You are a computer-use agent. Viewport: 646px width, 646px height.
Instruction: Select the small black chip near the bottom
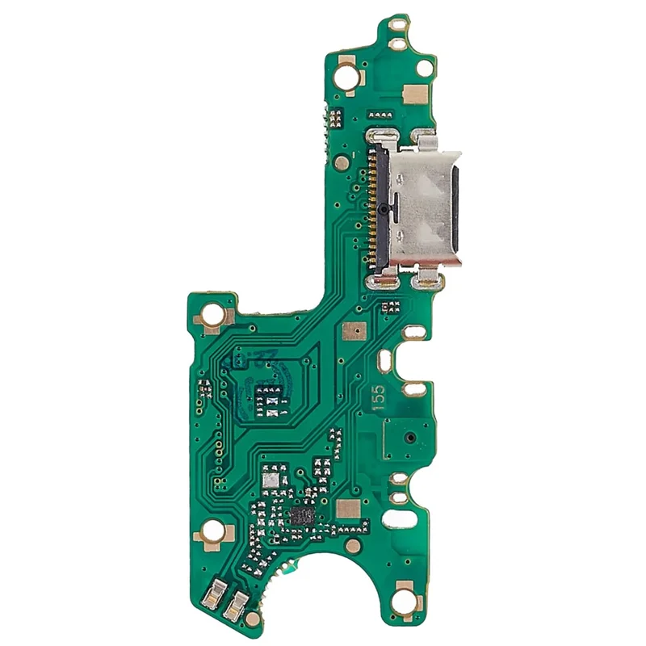coord(303,515)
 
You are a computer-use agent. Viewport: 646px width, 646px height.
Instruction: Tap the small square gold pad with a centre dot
coord(353,331)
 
